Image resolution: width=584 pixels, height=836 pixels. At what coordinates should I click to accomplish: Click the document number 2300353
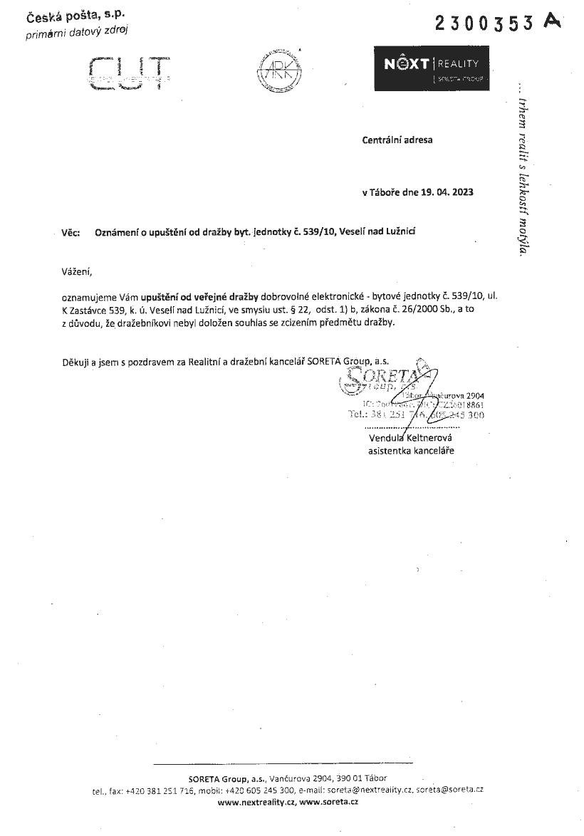pos(484,23)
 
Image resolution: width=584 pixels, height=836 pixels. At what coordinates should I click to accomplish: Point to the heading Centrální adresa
pos(397,140)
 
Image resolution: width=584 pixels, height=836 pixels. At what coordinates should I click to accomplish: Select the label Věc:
pos(71,232)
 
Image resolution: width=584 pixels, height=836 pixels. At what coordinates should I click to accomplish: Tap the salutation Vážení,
pos(77,271)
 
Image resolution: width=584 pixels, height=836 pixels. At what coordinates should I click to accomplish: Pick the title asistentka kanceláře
pos(411,451)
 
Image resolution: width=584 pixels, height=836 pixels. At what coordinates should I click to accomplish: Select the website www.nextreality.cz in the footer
pos(256,802)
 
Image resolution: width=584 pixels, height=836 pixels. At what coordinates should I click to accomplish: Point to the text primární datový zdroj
pos(77,31)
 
